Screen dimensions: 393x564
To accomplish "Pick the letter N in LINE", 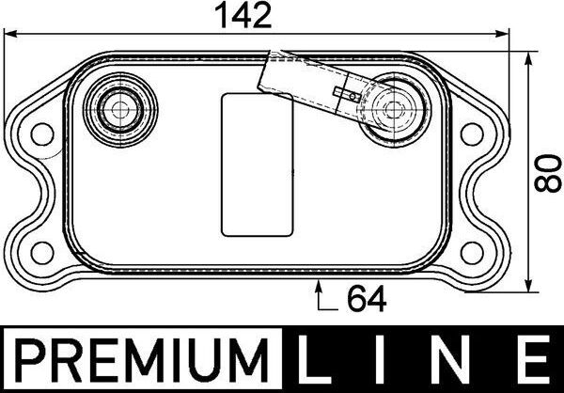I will pyautogui.click(x=458, y=361).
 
